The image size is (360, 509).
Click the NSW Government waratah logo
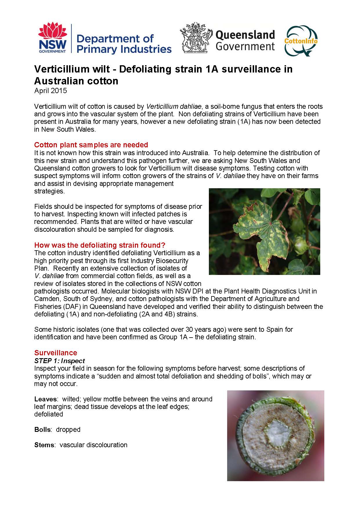click(53, 38)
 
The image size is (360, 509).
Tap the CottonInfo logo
click(301, 40)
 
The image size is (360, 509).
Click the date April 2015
click(50, 91)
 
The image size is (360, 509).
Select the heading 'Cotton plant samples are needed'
click(91, 145)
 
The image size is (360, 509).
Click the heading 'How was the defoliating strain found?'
click(100, 245)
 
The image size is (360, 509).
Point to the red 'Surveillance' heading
click(56, 353)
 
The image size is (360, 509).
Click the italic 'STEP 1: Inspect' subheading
click(59, 361)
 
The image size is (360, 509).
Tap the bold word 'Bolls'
click(43, 430)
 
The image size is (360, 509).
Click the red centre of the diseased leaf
click(270, 224)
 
